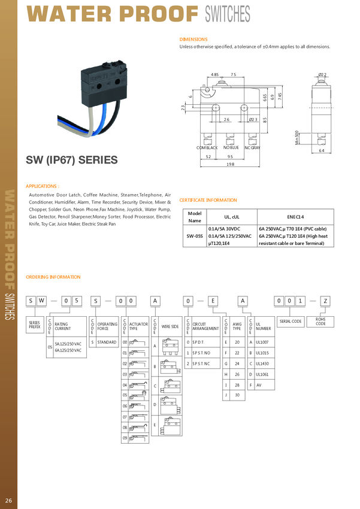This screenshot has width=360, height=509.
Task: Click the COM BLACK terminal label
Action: click(207, 147)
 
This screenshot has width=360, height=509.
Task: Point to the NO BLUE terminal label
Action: click(231, 147)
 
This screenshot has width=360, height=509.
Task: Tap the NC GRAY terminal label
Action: click(252, 147)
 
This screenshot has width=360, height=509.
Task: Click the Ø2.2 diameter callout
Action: click(322, 75)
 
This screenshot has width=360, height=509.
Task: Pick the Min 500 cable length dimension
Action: click(297, 137)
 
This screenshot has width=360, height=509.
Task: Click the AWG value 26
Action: click(237, 374)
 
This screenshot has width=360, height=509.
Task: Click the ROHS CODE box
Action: click(320, 322)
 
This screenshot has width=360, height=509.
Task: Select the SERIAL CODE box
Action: click(291, 322)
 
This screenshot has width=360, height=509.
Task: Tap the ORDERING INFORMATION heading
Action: click(53, 277)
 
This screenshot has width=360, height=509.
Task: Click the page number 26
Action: click(8, 500)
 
